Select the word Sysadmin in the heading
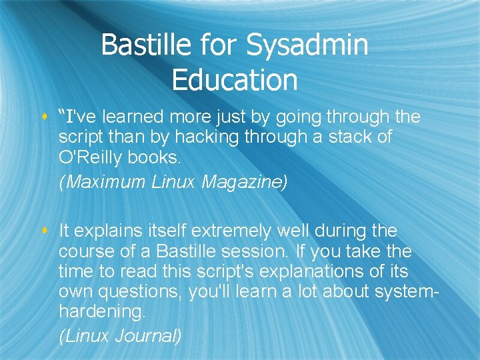[x=307, y=45]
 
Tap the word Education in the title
[x=235, y=79]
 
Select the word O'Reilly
[x=90, y=158]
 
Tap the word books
[x=161, y=158]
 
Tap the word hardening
[x=100, y=313]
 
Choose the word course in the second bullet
[x=81, y=253]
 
